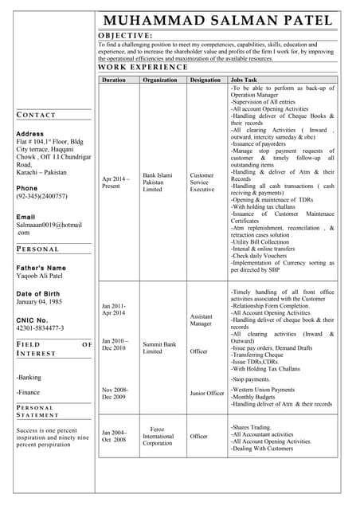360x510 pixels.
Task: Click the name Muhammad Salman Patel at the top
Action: coord(217,20)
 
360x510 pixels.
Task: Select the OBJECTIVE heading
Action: coord(125,36)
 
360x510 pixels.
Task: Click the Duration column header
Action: coord(114,80)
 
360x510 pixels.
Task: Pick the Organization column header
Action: coord(159,80)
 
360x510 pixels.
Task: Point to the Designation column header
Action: coord(205,80)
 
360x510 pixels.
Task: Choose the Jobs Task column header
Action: coord(244,80)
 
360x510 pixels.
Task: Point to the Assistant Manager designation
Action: coord(201,320)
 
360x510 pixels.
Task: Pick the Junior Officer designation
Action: coord(206,393)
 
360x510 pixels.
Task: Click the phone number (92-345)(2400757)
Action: coord(41,196)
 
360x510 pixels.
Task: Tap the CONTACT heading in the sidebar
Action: coord(36,116)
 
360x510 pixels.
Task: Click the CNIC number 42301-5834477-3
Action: coord(40,328)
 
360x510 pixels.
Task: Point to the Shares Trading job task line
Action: coord(251,427)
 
